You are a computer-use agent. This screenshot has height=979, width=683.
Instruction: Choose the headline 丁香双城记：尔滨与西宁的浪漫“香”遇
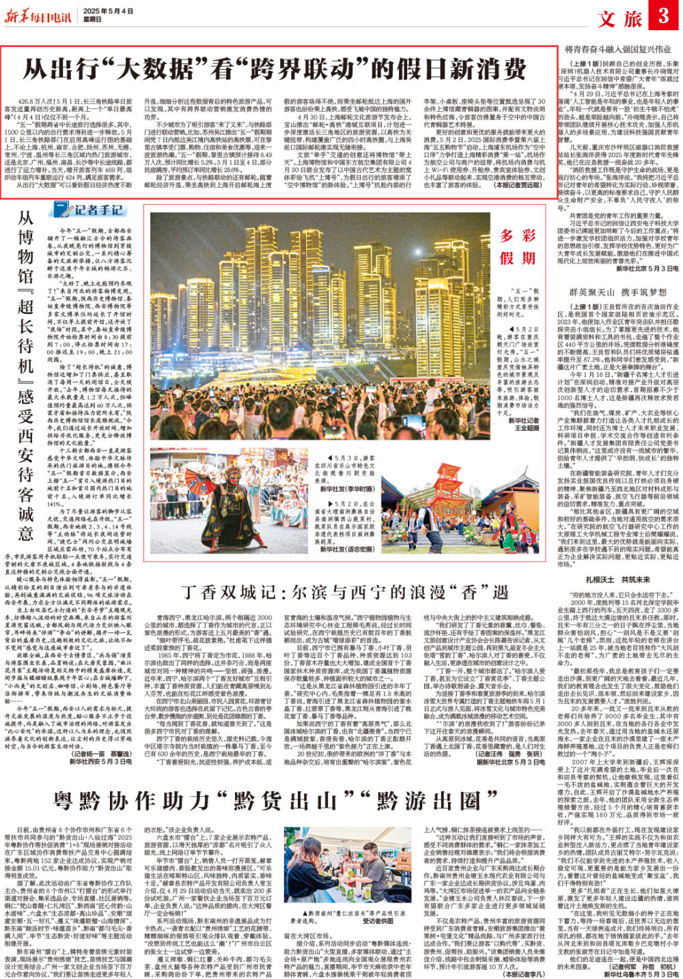[344, 592]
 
